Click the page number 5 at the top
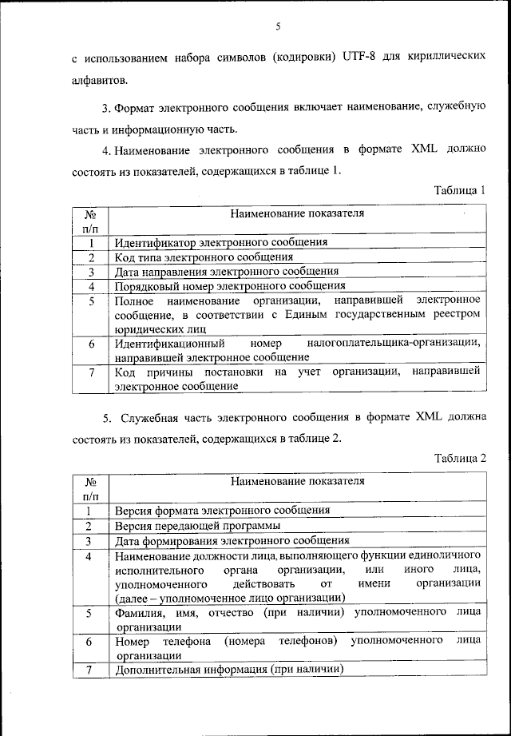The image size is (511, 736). (279, 26)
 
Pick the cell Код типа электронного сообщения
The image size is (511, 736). (204, 257)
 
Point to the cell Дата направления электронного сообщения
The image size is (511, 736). (226, 271)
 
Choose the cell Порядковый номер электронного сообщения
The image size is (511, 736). (230, 285)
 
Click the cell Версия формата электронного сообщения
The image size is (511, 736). (222, 510)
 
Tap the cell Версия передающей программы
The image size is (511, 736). (197, 525)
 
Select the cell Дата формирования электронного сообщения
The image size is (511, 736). (232, 539)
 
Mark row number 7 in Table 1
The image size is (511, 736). (92, 372)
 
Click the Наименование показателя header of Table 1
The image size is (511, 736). (297, 213)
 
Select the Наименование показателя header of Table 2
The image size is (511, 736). (297, 481)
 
